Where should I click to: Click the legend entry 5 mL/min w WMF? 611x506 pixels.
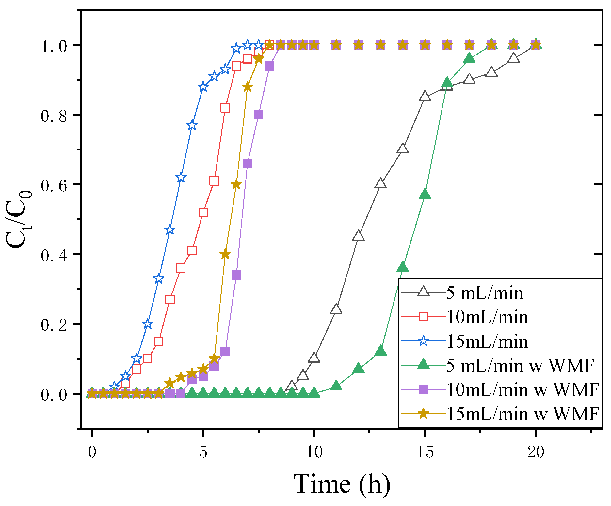519,366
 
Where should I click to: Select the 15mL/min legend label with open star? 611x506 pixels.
487,341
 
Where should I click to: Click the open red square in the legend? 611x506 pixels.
424,317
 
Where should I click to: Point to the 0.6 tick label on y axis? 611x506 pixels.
54,185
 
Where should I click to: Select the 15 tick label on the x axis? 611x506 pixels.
425,452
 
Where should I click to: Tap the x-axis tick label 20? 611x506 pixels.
536,452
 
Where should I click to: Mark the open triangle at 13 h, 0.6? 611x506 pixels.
380,184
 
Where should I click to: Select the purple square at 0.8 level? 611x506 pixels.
258,115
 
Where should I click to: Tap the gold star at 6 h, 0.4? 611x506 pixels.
225,254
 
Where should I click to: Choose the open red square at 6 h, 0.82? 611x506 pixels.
225,108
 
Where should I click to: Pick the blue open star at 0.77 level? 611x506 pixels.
192,125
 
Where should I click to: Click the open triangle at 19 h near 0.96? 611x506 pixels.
514,58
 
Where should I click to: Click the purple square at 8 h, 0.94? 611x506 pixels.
269,66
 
